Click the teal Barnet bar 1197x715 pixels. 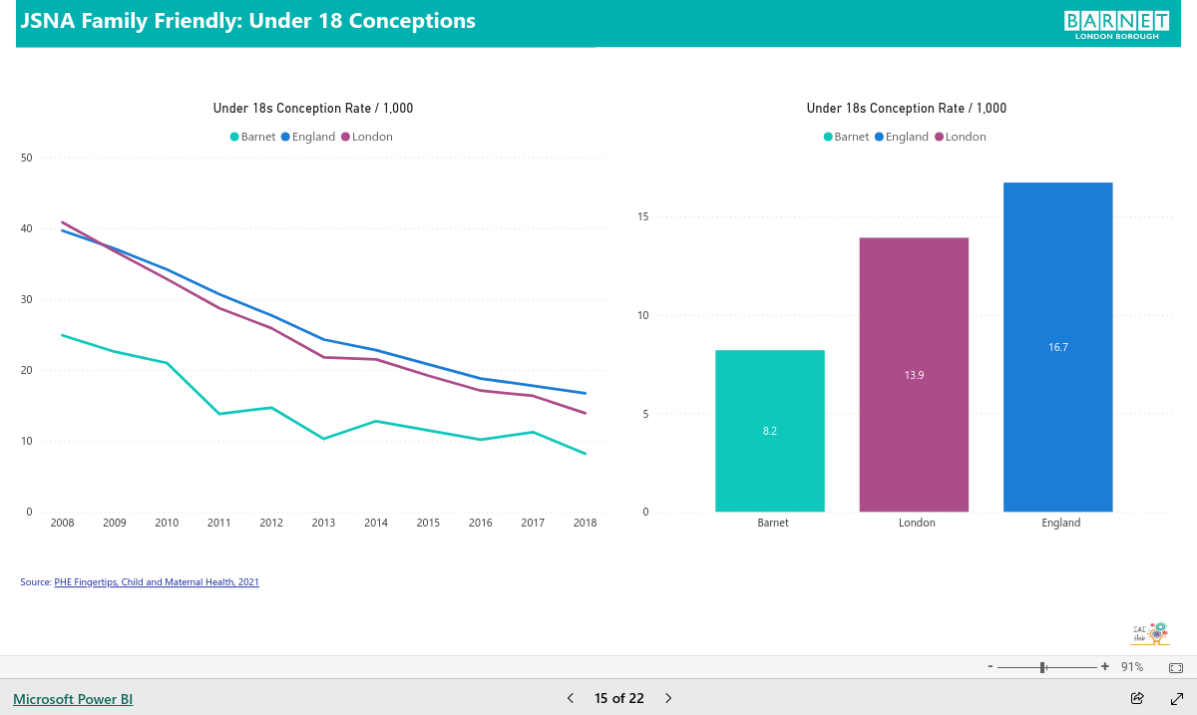[769, 431]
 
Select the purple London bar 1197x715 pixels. [914, 375]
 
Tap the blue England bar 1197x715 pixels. [1058, 347]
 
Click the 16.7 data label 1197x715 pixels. [1058, 347]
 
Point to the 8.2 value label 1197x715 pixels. [769, 431]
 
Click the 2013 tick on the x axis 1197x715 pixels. [323, 523]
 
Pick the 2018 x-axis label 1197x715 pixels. [585, 523]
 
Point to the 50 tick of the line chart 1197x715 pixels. [26, 158]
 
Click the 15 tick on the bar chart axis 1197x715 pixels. [642, 216]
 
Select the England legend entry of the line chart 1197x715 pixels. [308, 137]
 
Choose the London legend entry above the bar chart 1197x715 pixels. [961, 137]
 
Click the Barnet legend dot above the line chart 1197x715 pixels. [234, 137]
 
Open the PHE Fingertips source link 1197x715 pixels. [157, 582]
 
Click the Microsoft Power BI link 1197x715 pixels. [73, 699]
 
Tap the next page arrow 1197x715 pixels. [668, 698]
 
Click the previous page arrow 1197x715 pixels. [571, 698]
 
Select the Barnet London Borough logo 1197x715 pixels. [1116, 25]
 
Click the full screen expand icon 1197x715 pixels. [1177, 698]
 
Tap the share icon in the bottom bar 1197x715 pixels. [1137, 698]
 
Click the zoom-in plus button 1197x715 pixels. [1104, 666]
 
